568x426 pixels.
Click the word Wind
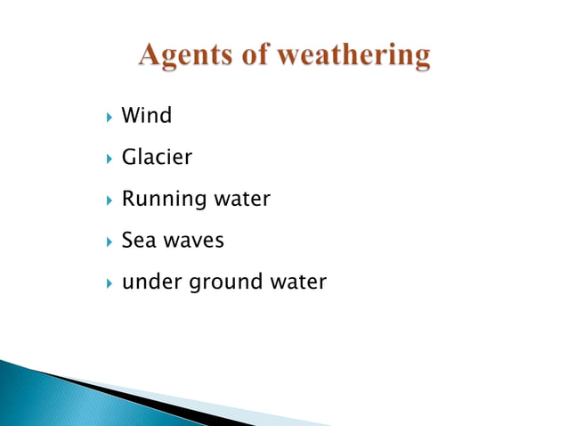(x=147, y=115)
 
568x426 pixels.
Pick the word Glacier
(x=157, y=157)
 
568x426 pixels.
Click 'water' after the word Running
(x=242, y=199)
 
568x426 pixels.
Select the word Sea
(x=139, y=241)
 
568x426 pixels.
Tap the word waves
(x=193, y=242)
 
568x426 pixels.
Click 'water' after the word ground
(x=299, y=283)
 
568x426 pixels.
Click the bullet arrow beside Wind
(x=106, y=116)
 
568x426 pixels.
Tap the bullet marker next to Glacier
(x=106, y=158)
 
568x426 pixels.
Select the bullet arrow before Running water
(x=106, y=200)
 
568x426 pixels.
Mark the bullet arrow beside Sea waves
(x=106, y=242)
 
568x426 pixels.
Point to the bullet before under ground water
(x=106, y=283)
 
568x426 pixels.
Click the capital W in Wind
(x=131, y=115)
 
